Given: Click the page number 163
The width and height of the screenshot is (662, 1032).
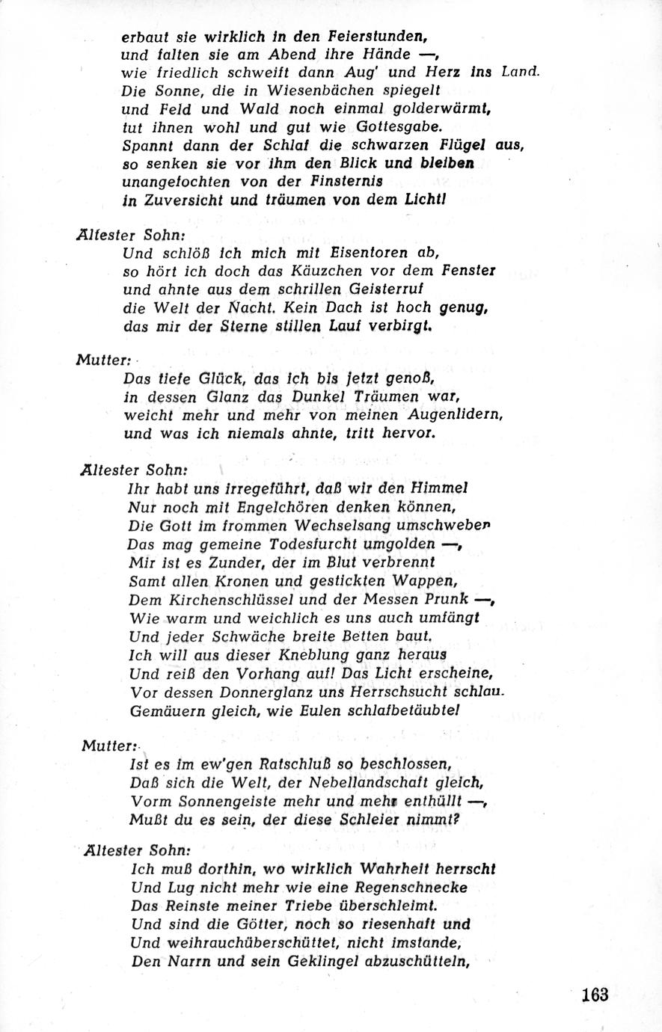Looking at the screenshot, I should (x=595, y=995).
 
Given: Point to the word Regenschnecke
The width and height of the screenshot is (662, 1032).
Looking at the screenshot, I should (x=425, y=888).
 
